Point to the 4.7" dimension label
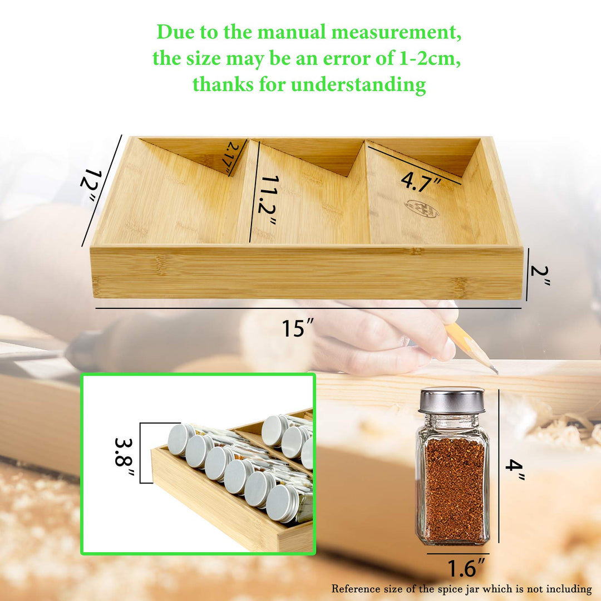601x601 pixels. click(421, 181)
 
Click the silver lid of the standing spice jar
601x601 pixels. click(452, 400)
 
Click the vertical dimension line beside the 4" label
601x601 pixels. click(499, 465)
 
